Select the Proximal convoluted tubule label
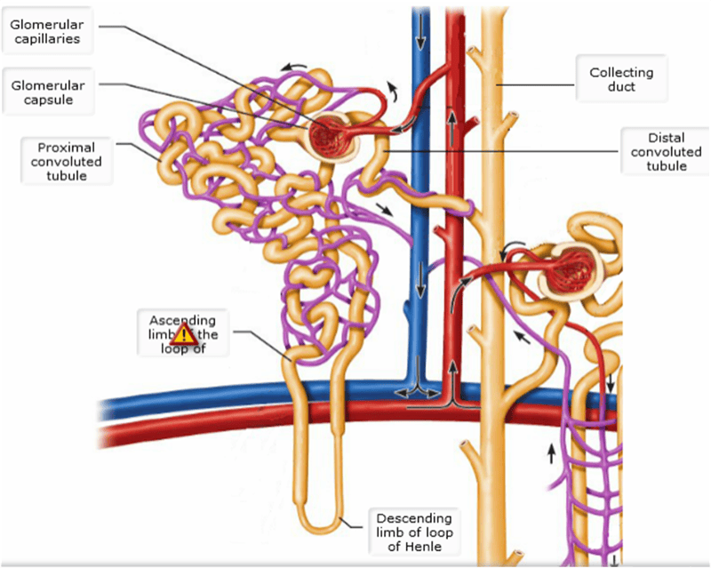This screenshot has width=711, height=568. tap(67, 161)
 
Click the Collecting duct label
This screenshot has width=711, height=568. tap(621, 79)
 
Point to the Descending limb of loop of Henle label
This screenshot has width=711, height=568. tap(413, 532)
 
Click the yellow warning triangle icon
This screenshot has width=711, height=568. tap(184, 334)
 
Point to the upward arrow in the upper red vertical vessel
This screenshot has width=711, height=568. tap(452, 124)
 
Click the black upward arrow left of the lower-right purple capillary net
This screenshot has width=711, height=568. tap(551, 453)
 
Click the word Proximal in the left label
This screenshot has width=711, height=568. tap(67, 147)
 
